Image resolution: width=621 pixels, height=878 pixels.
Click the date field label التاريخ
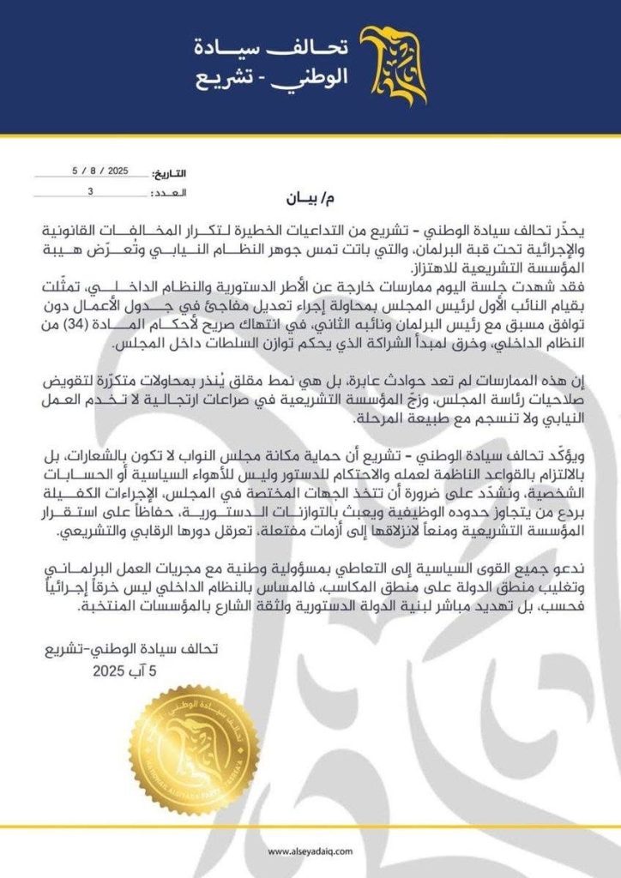(x=172, y=173)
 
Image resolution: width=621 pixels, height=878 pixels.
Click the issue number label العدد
(x=172, y=194)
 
